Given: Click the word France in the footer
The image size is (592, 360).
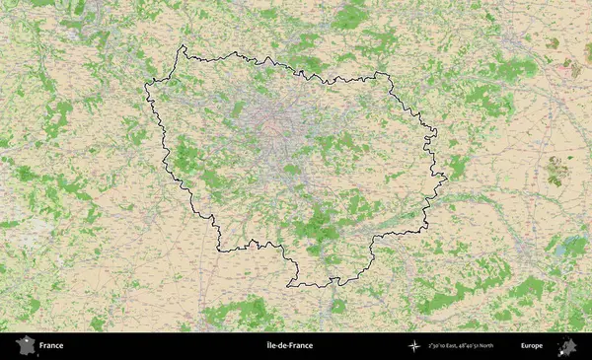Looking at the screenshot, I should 51,346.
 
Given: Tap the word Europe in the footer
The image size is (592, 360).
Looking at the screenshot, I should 532,346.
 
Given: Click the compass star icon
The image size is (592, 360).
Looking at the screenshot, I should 414,346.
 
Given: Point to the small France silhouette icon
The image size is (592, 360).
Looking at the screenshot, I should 22,346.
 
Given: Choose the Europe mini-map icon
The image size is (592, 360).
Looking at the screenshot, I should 567,346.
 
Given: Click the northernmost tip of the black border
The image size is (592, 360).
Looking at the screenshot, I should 183,46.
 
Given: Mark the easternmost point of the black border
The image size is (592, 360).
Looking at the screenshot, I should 446,179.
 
